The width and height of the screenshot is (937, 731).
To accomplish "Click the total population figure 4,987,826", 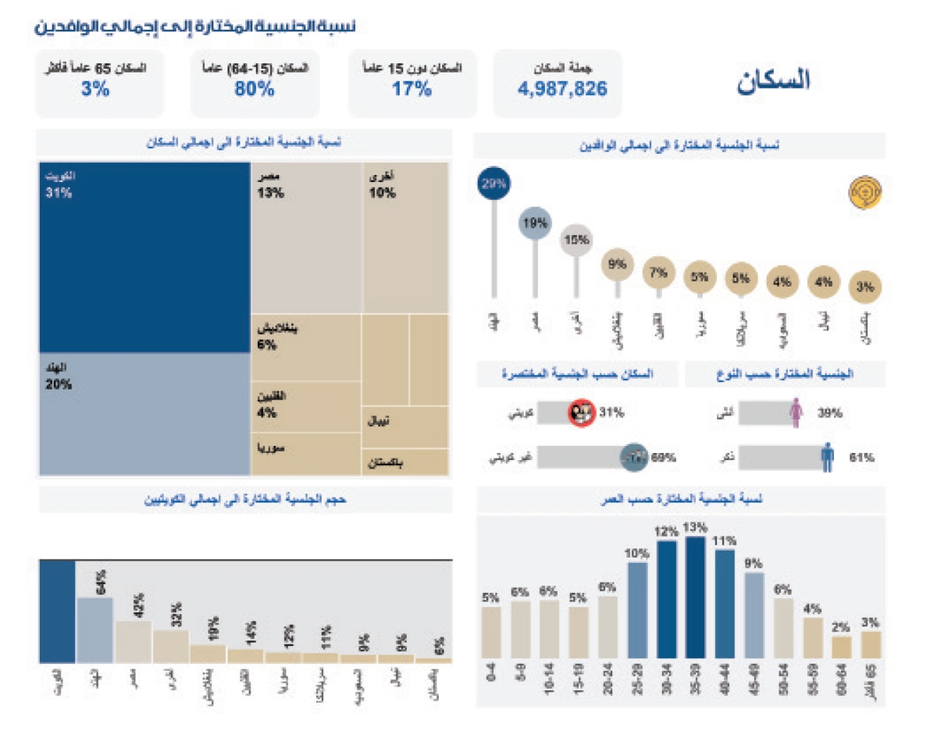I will tap(562, 89).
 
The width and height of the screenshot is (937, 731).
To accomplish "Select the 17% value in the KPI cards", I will tap(412, 89).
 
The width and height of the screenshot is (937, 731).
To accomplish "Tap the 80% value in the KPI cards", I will tap(255, 89).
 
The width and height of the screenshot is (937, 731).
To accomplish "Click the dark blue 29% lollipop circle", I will tap(493, 184).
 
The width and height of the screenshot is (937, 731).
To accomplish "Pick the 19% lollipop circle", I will tap(535, 223).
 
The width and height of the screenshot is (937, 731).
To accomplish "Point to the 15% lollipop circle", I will tap(576, 241).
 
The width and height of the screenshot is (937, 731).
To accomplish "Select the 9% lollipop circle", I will tap(618, 264).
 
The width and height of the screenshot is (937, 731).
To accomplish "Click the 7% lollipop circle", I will tap(659, 273).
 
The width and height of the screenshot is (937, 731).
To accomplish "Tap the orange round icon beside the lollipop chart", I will tap(864, 192).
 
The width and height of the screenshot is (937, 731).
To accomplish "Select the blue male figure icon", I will tap(828, 458).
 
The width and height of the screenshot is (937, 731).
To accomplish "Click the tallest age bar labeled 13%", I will tap(696, 597).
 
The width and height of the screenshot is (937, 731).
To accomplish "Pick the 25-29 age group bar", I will tap(637, 610).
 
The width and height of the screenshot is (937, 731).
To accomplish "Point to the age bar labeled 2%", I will tap(842, 647).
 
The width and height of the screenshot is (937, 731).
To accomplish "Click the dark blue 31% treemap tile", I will tap(144, 258).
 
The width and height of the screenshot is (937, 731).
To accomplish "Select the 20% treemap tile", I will tap(144, 414).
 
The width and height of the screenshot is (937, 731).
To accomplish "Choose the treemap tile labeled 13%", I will tap(306, 238).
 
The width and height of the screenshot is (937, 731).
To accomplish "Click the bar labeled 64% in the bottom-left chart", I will tap(94, 629).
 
